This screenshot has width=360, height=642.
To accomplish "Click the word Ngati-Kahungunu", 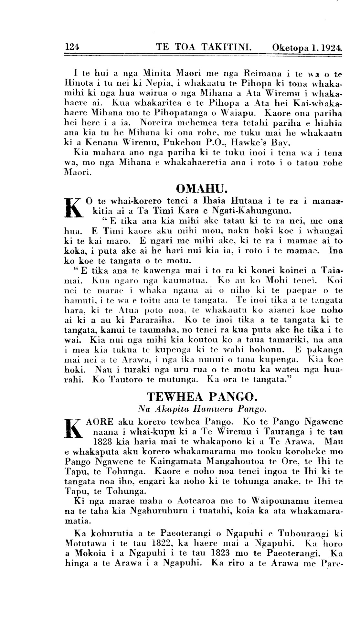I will [251, 212].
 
